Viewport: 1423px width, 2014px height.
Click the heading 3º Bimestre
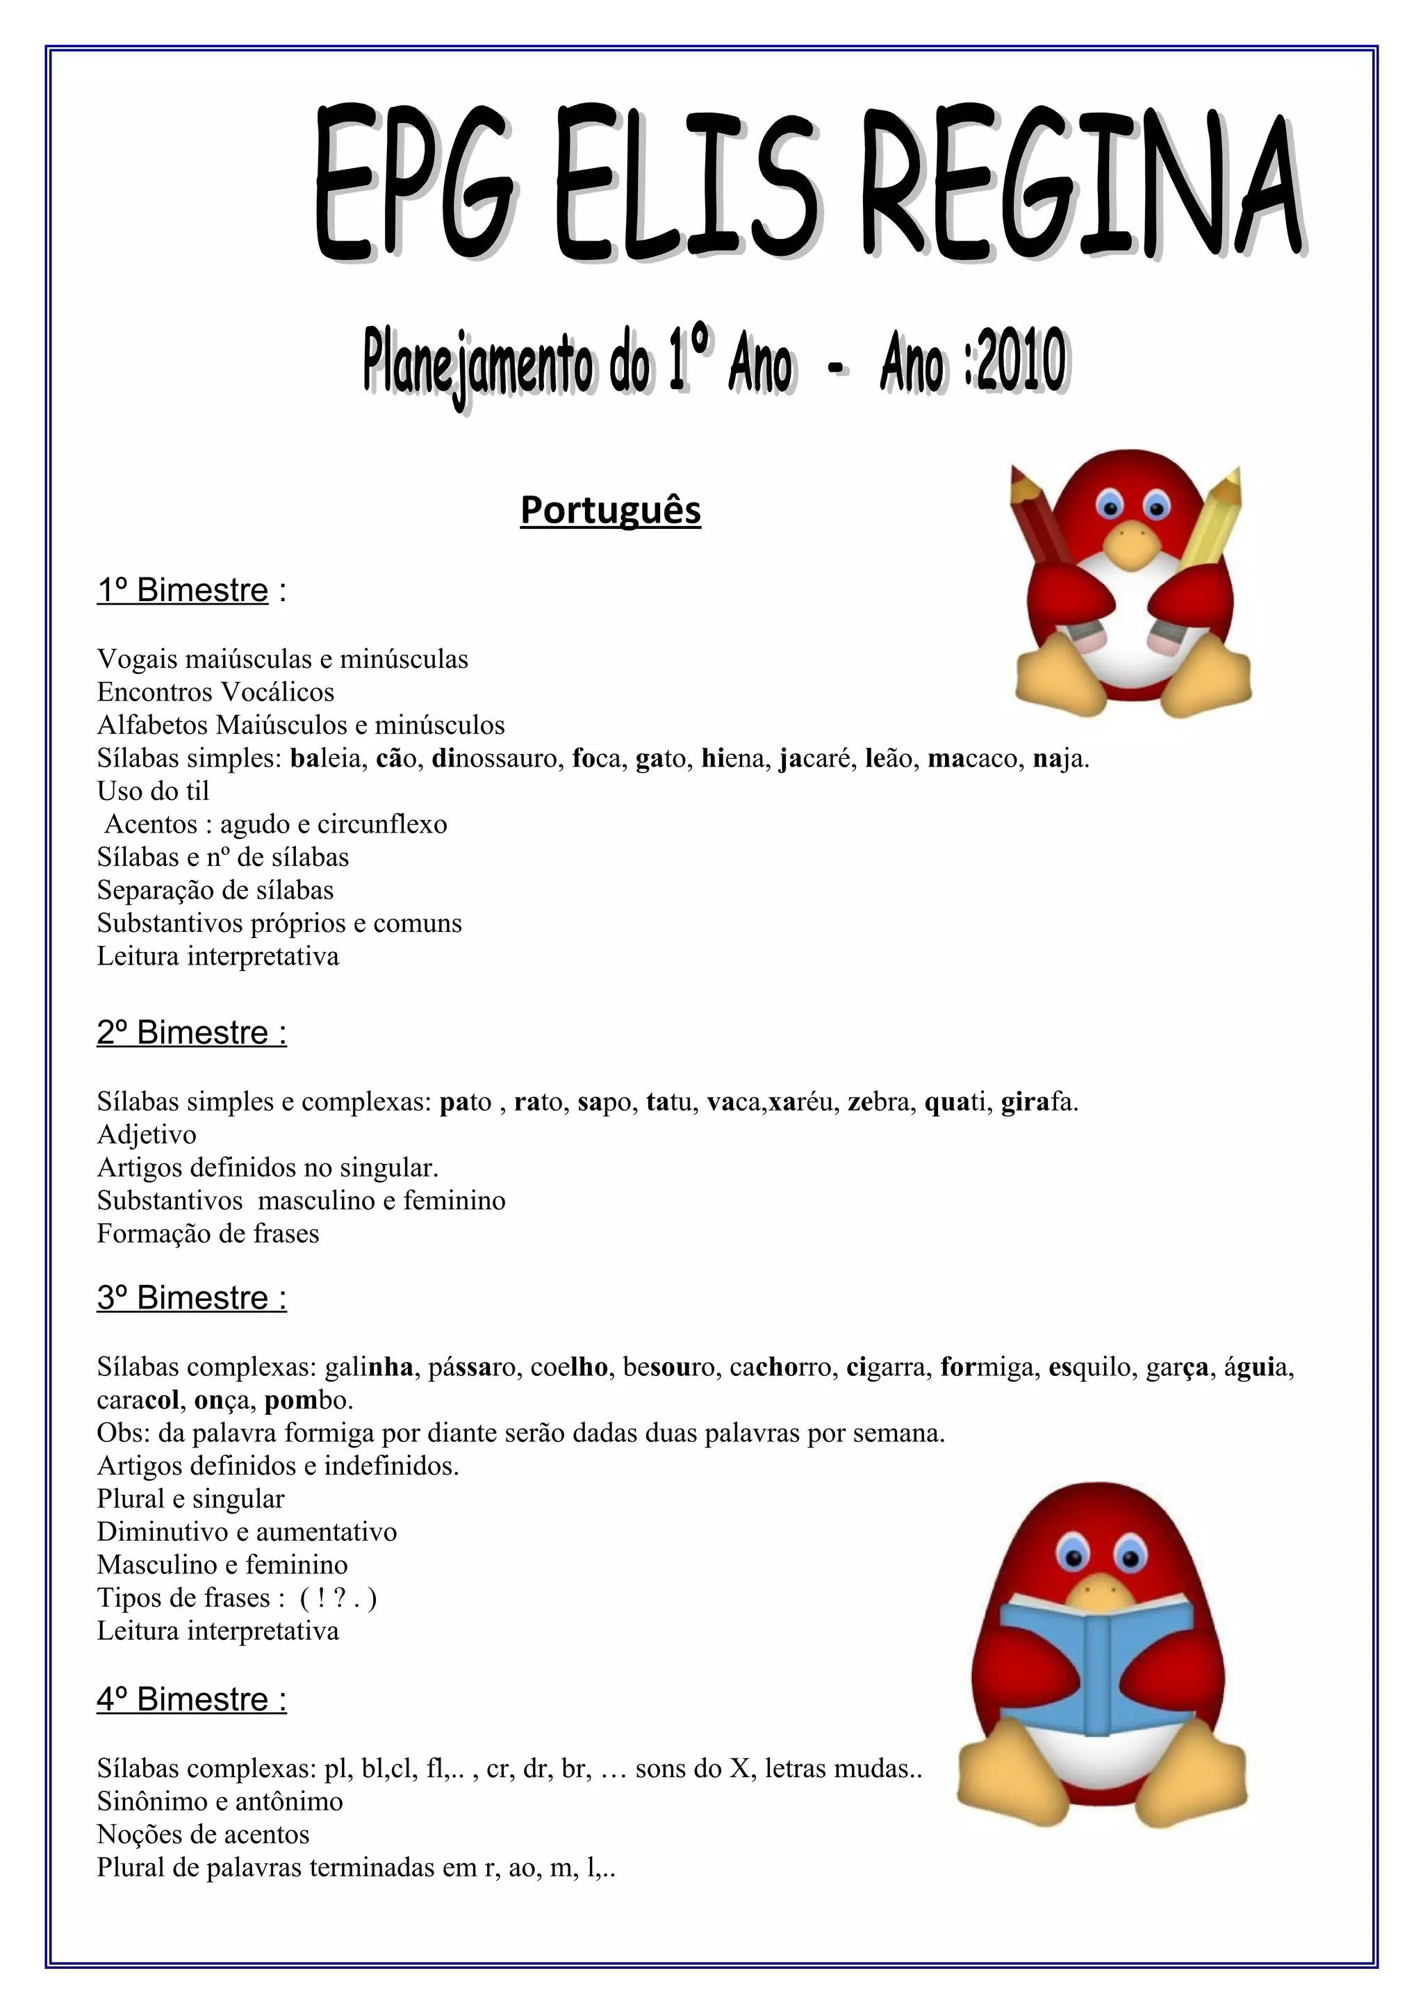coord(191,1297)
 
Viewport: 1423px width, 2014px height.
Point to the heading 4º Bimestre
coord(191,1699)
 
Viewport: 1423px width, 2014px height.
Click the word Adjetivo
coord(147,1135)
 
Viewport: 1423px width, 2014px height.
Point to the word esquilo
coord(1088,1366)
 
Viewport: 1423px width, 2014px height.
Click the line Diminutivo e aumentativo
coord(247,1532)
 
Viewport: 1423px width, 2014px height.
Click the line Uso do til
coord(154,791)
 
